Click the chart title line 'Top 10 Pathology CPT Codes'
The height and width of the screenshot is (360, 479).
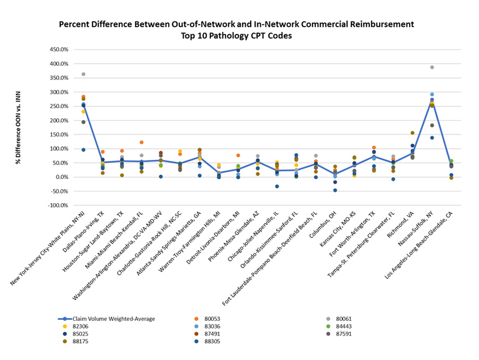(236, 35)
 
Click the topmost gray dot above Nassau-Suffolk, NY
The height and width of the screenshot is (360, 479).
(432, 68)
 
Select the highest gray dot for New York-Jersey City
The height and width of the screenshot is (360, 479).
(84, 74)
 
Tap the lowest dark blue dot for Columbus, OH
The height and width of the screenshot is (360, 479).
(335, 190)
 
